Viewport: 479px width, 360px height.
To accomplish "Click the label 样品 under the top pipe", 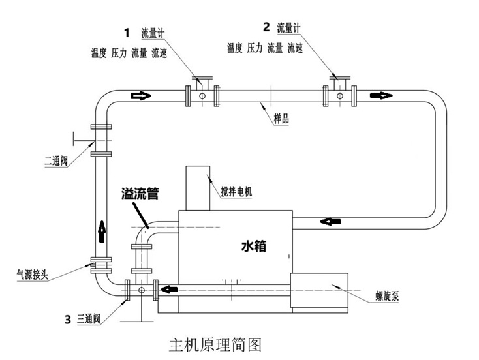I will coord(281,119).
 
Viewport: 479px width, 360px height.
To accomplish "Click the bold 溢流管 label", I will coord(140,194).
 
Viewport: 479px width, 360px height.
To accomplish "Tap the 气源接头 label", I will coord(33,272).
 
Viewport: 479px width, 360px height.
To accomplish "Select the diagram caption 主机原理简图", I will coord(215,344).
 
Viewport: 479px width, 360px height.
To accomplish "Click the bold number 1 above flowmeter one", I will coord(127,31).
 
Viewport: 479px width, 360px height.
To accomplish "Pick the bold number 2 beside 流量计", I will coord(266,27).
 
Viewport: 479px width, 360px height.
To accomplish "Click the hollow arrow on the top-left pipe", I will coord(141,96).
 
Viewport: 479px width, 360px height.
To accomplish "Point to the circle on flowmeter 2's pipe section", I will coord(339,97).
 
